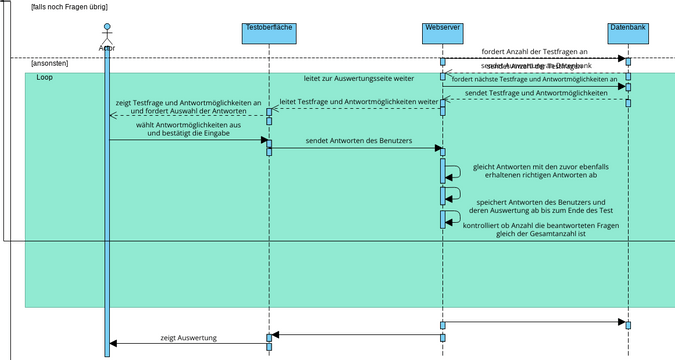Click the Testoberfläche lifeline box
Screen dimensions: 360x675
click(269, 32)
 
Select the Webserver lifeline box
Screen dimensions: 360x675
click(442, 32)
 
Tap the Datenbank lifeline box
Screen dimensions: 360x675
click(628, 32)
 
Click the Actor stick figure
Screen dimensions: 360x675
click(107, 40)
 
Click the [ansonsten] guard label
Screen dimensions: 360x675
click(50, 63)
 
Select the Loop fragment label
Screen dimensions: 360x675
click(45, 77)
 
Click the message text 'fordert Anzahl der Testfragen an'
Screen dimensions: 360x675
click(534, 51)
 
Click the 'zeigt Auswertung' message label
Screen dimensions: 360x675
click(189, 338)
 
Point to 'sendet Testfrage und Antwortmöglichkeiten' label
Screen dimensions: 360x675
click(536, 93)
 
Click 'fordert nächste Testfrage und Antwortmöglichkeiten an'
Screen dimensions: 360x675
click(535, 79)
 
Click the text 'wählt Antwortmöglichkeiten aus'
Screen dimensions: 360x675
click(188, 124)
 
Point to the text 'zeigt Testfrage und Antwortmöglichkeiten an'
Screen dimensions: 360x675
click(188, 102)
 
